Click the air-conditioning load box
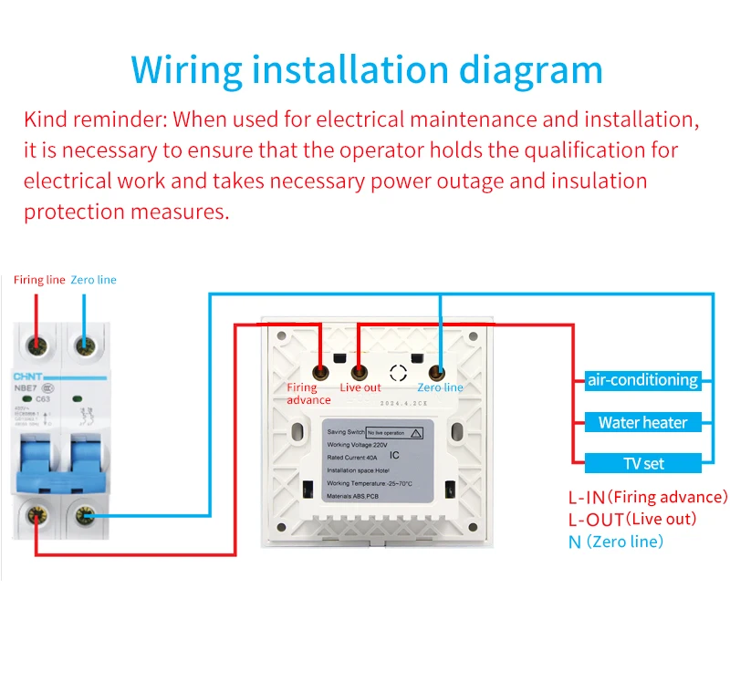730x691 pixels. pyautogui.click(x=642, y=380)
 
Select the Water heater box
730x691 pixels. pyautogui.click(x=642, y=422)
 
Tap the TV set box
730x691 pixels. pyautogui.click(x=642, y=463)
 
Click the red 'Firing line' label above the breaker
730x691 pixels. pyautogui.click(x=39, y=280)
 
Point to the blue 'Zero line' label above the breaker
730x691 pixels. pyautogui.click(x=93, y=280)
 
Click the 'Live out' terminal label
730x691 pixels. pyautogui.click(x=360, y=388)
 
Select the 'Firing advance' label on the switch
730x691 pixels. pyautogui.click(x=308, y=394)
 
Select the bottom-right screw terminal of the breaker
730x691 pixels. pyautogui.click(x=84, y=518)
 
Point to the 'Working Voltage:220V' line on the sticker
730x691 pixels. pyautogui.click(x=361, y=445)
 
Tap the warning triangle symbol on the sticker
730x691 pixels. pyautogui.click(x=416, y=433)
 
